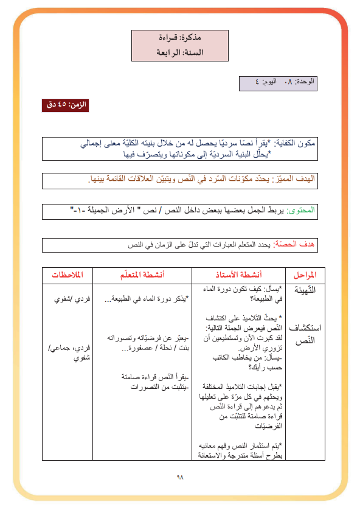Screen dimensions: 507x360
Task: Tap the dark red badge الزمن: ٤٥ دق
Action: click(64, 105)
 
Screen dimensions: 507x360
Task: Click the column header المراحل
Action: click(304, 275)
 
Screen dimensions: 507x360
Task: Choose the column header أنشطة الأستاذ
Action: click(239, 275)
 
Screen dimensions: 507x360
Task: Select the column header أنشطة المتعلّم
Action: click(145, 275)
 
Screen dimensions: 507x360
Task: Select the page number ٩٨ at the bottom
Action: click(179, 477)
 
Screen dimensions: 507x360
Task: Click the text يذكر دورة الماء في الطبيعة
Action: click(145, 299)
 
